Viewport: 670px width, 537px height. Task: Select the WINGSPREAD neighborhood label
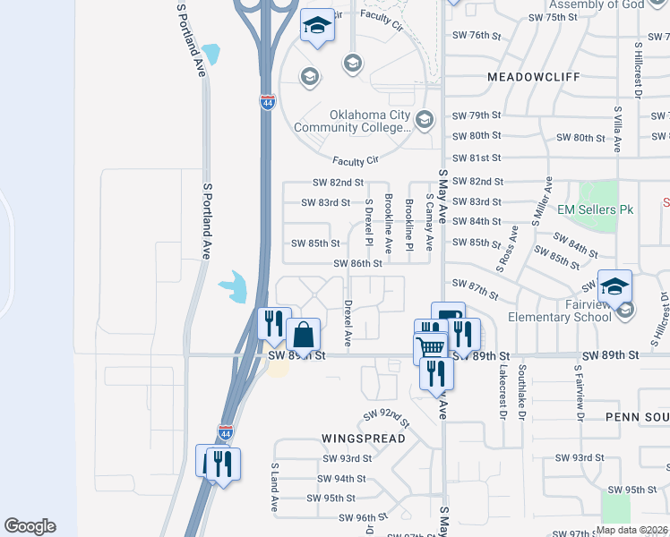click(363, 439)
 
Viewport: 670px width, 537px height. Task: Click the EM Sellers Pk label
click(596, 209)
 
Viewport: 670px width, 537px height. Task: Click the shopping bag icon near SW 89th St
click(304, 335)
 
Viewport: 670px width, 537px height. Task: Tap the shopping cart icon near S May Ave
click(431, 347)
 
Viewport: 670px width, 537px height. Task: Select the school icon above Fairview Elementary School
click(614, 286)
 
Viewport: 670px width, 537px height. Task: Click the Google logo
click(30, 526)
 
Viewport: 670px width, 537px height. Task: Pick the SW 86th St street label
click(357, 264)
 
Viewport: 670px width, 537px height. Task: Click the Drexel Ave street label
click(348, 324)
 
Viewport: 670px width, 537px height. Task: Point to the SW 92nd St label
click(386, 417)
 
